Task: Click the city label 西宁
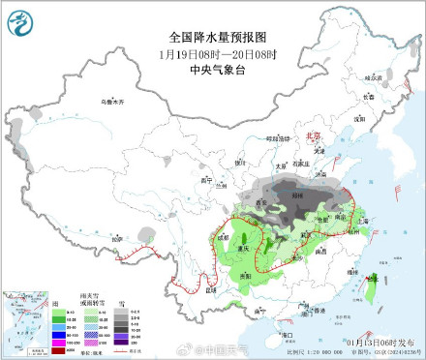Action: click(x=202, y=180)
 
